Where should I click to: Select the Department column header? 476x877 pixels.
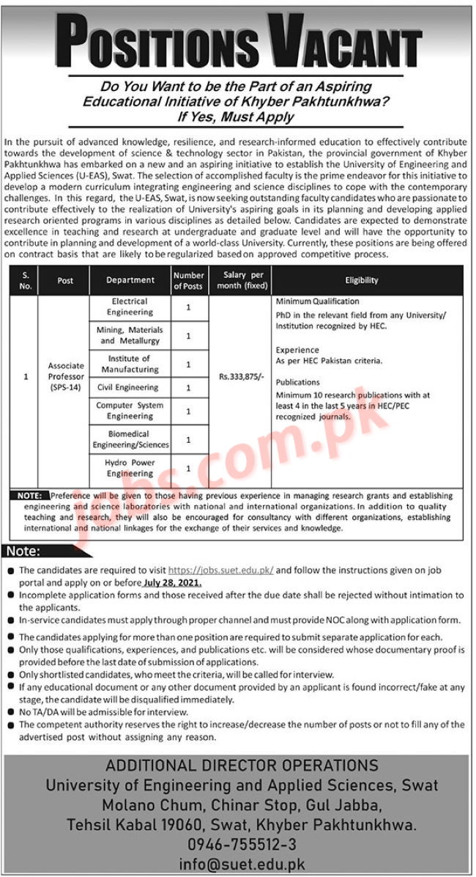pos(130,280)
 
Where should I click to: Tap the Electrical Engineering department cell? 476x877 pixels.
pos(130,307)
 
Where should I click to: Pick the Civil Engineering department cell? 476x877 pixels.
pos(130,387)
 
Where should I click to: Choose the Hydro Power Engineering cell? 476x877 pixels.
pos(130,468)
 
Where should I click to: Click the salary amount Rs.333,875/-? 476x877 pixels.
pos(240,376)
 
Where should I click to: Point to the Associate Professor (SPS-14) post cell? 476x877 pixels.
pos(66,376)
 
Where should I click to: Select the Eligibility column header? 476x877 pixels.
pos(362,280)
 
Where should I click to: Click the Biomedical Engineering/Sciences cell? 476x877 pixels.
pos(130,439)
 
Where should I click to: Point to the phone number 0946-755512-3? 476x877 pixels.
pos(239,844)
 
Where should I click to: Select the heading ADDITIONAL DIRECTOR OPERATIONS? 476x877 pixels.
pos(239,766)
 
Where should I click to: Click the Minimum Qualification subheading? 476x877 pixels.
pos(317,301)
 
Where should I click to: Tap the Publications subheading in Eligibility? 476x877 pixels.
pos(298,382)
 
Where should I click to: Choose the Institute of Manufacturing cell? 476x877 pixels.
pos(130,364)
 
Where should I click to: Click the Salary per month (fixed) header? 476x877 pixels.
pos(240,280)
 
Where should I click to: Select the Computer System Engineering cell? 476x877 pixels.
pos(130,411)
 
